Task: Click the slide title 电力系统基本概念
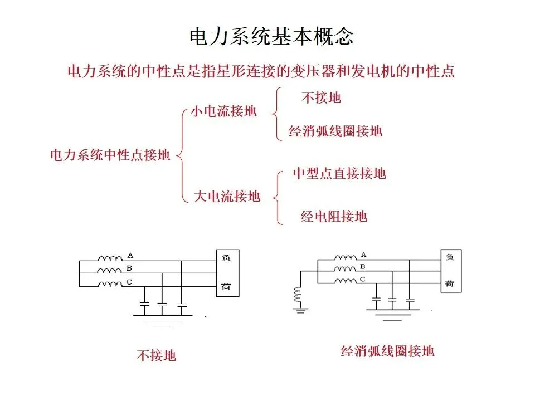point(271,37)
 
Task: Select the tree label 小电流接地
point(223,111)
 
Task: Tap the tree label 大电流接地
point(227,196)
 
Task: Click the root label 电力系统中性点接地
point(110,155)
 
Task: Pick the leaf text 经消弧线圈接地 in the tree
point(335,131)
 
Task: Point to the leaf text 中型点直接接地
point(339,174)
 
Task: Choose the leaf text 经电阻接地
point(334,216)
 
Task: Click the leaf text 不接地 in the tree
point(321,98)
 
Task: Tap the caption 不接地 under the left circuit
point(156,355)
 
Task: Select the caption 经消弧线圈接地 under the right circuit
point(387,351)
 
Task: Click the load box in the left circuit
point(227,273)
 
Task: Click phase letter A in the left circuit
point(130,256)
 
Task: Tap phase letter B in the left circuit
point(129,269)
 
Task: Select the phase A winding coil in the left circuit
point(110,258)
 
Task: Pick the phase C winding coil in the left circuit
point(110,285)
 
